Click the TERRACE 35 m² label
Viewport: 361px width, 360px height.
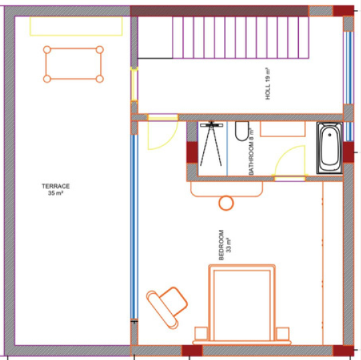coord(55,189)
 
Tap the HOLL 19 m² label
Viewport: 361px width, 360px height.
coord(268,84)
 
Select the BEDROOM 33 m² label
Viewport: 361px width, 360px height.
coord(225,245)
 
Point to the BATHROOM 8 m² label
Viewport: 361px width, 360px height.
coord(251,152)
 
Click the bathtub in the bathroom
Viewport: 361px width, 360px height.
coord(330,148)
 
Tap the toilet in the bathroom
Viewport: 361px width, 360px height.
coord(242,131)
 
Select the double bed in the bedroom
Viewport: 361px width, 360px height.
coord(242,304)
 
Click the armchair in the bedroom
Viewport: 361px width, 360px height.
coord(167,307)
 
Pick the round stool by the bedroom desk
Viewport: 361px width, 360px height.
coord(226,203)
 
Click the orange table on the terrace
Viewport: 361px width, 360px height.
coord(74,64)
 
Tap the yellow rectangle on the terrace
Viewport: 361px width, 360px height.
coord(76,26)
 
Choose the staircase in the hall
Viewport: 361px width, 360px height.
coord(241,37)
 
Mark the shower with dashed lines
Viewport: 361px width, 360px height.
coord(211,143)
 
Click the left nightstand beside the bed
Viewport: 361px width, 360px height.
coord(201,333)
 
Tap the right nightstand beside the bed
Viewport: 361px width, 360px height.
coord(283,333)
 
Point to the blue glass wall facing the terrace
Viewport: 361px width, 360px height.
coord(134,227)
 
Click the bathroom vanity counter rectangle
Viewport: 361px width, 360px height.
coord(283,129)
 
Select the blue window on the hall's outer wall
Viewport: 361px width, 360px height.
coord(348,68)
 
